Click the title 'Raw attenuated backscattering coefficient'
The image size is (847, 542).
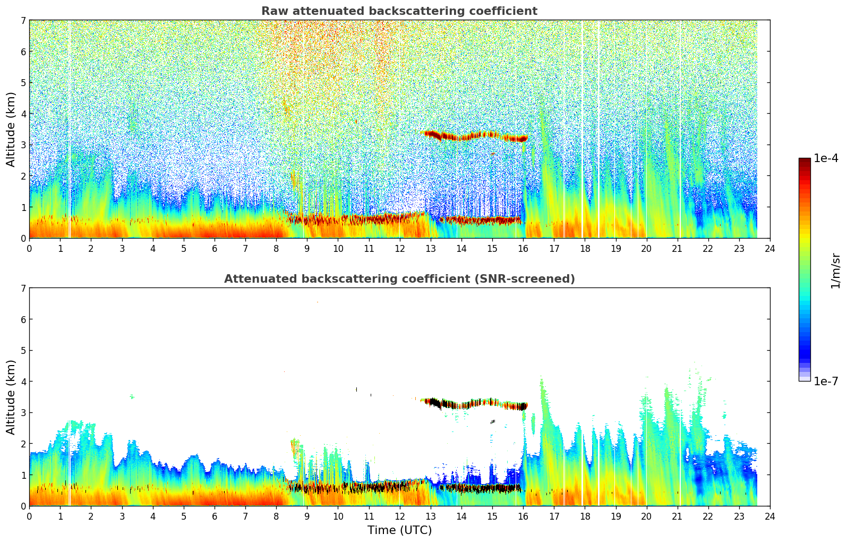pos(399,11)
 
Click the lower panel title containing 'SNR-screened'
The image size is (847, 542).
pos(399,279)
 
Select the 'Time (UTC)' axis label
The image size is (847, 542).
pos(399,530)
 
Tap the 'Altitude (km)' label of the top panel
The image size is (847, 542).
pos(11,129)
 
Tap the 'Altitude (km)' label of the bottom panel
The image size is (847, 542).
pos(11,397)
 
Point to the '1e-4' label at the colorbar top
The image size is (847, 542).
pos(826,158)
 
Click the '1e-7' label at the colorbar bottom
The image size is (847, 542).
pos(826,381)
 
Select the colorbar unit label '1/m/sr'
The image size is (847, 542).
pos(835,270)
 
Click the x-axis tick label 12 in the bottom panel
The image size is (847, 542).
pos(399,516)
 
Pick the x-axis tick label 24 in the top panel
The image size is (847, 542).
pos(770,248)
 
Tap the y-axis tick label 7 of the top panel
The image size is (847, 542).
pos(23,21)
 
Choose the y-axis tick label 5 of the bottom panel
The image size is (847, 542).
pos(23,351)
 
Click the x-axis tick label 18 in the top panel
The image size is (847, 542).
pos(585,248)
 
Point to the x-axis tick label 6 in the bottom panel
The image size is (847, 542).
pos(215,516)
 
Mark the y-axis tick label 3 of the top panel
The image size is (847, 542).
pos(23,145)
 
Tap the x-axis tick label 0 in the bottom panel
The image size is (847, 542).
pos(29,516)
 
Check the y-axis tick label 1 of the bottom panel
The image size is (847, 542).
pos(23,475)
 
